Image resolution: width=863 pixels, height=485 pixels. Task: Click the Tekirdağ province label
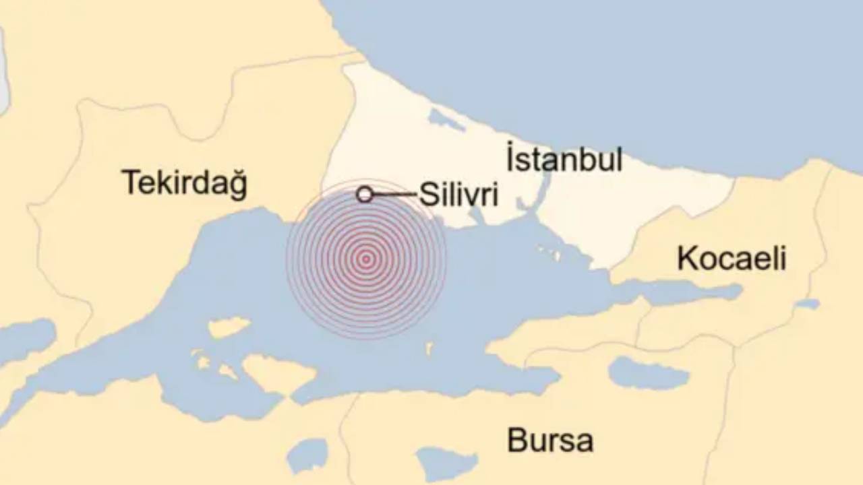tap(184, 183)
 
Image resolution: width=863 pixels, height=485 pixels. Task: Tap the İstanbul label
tap(564, 161)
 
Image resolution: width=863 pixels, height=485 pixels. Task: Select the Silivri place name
tap(458, 195)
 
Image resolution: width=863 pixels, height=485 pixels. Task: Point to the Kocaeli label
tap(732, 259)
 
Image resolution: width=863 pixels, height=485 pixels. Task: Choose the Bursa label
tap(550, 441)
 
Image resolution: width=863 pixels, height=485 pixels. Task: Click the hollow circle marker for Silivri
tap(365, 195)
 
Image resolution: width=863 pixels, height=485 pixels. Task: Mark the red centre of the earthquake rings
tap(366, 259)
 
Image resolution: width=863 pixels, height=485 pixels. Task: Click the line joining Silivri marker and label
tap(395, 195)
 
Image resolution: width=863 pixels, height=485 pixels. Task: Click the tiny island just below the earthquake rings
tap(429, 348)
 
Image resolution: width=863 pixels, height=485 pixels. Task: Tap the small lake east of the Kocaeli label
tap(807, 304)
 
